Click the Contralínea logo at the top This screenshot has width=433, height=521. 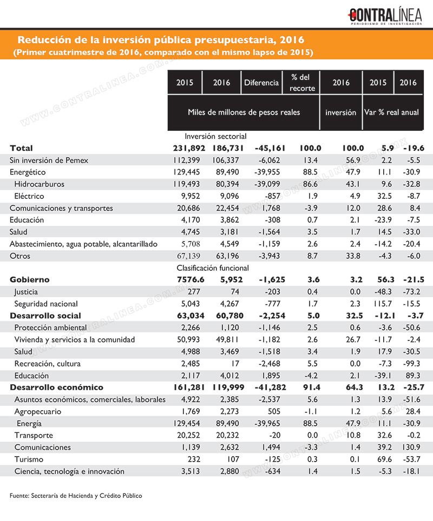point(384,16)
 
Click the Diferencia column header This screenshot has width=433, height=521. point(261,82)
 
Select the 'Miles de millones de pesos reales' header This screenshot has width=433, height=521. point(244,112)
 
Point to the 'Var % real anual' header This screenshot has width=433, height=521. point(391,112)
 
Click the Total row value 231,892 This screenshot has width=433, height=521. point(189,148)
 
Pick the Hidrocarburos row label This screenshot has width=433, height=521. point(40,184)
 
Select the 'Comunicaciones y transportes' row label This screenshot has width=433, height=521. point(61,208)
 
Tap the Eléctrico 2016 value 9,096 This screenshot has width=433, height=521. point(229,196)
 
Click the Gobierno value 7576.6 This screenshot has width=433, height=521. point(191,280)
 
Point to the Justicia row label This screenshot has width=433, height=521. point(26,292)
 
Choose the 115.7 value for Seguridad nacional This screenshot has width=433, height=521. point(383,304)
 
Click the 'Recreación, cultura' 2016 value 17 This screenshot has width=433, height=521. point(235,364)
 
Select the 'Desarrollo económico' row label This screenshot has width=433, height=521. point(57,388)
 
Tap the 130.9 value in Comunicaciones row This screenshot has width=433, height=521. point(411,447)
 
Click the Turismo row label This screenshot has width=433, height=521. point(29,459)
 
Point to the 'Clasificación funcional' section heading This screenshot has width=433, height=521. point(213,268)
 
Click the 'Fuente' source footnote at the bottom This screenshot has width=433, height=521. point(76,496)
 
